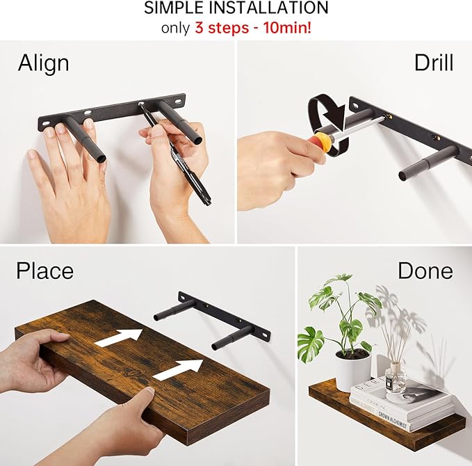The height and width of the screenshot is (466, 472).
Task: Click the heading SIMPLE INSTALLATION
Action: (236, 9)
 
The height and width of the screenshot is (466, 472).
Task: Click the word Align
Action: (43, 63)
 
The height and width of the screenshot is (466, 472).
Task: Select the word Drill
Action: (433, 63)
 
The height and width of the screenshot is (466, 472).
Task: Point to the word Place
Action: (44, 270)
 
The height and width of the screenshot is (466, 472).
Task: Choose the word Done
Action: (425, 271)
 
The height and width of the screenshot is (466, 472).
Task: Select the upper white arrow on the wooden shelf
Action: (120, 337)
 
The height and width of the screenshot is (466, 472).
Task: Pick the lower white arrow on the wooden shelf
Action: (178, 370)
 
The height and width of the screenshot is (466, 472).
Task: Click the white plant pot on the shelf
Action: (352, 371)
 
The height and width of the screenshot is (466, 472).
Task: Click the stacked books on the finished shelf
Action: (402, 404)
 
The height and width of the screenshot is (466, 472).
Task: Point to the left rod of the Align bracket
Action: (86, 138)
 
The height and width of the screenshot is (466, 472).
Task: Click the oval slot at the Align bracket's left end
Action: (47, 125)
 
